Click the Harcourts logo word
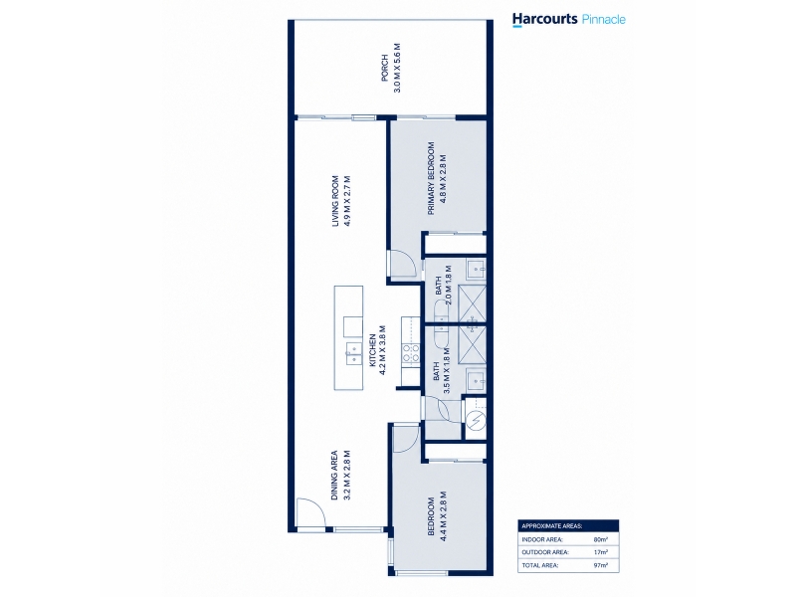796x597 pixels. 544,19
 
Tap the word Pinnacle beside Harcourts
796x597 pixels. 603,19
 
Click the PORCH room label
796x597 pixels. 385,68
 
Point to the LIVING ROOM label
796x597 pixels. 335,201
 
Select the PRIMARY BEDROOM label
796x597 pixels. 432,178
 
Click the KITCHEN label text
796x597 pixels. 372,350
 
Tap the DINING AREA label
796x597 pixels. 335,476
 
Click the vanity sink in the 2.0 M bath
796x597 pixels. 476,269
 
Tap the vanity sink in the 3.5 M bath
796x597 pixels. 476,382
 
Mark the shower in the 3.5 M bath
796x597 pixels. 472,342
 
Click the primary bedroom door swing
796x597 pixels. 405,263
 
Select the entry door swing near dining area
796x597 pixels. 311,514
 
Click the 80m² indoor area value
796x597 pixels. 600,539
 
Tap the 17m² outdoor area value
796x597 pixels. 600,552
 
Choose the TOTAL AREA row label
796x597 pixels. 540,565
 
